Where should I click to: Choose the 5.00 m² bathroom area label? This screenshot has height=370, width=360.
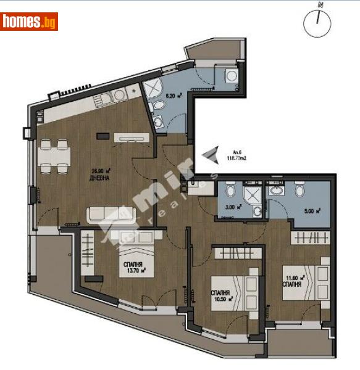pyautogui.click(x=313, y=210)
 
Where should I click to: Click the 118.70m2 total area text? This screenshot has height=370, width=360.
pyautogui.click(x=241, y=158)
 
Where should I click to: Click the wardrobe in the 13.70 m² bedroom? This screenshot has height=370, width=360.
pyautogui.click(x=90, y=253)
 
